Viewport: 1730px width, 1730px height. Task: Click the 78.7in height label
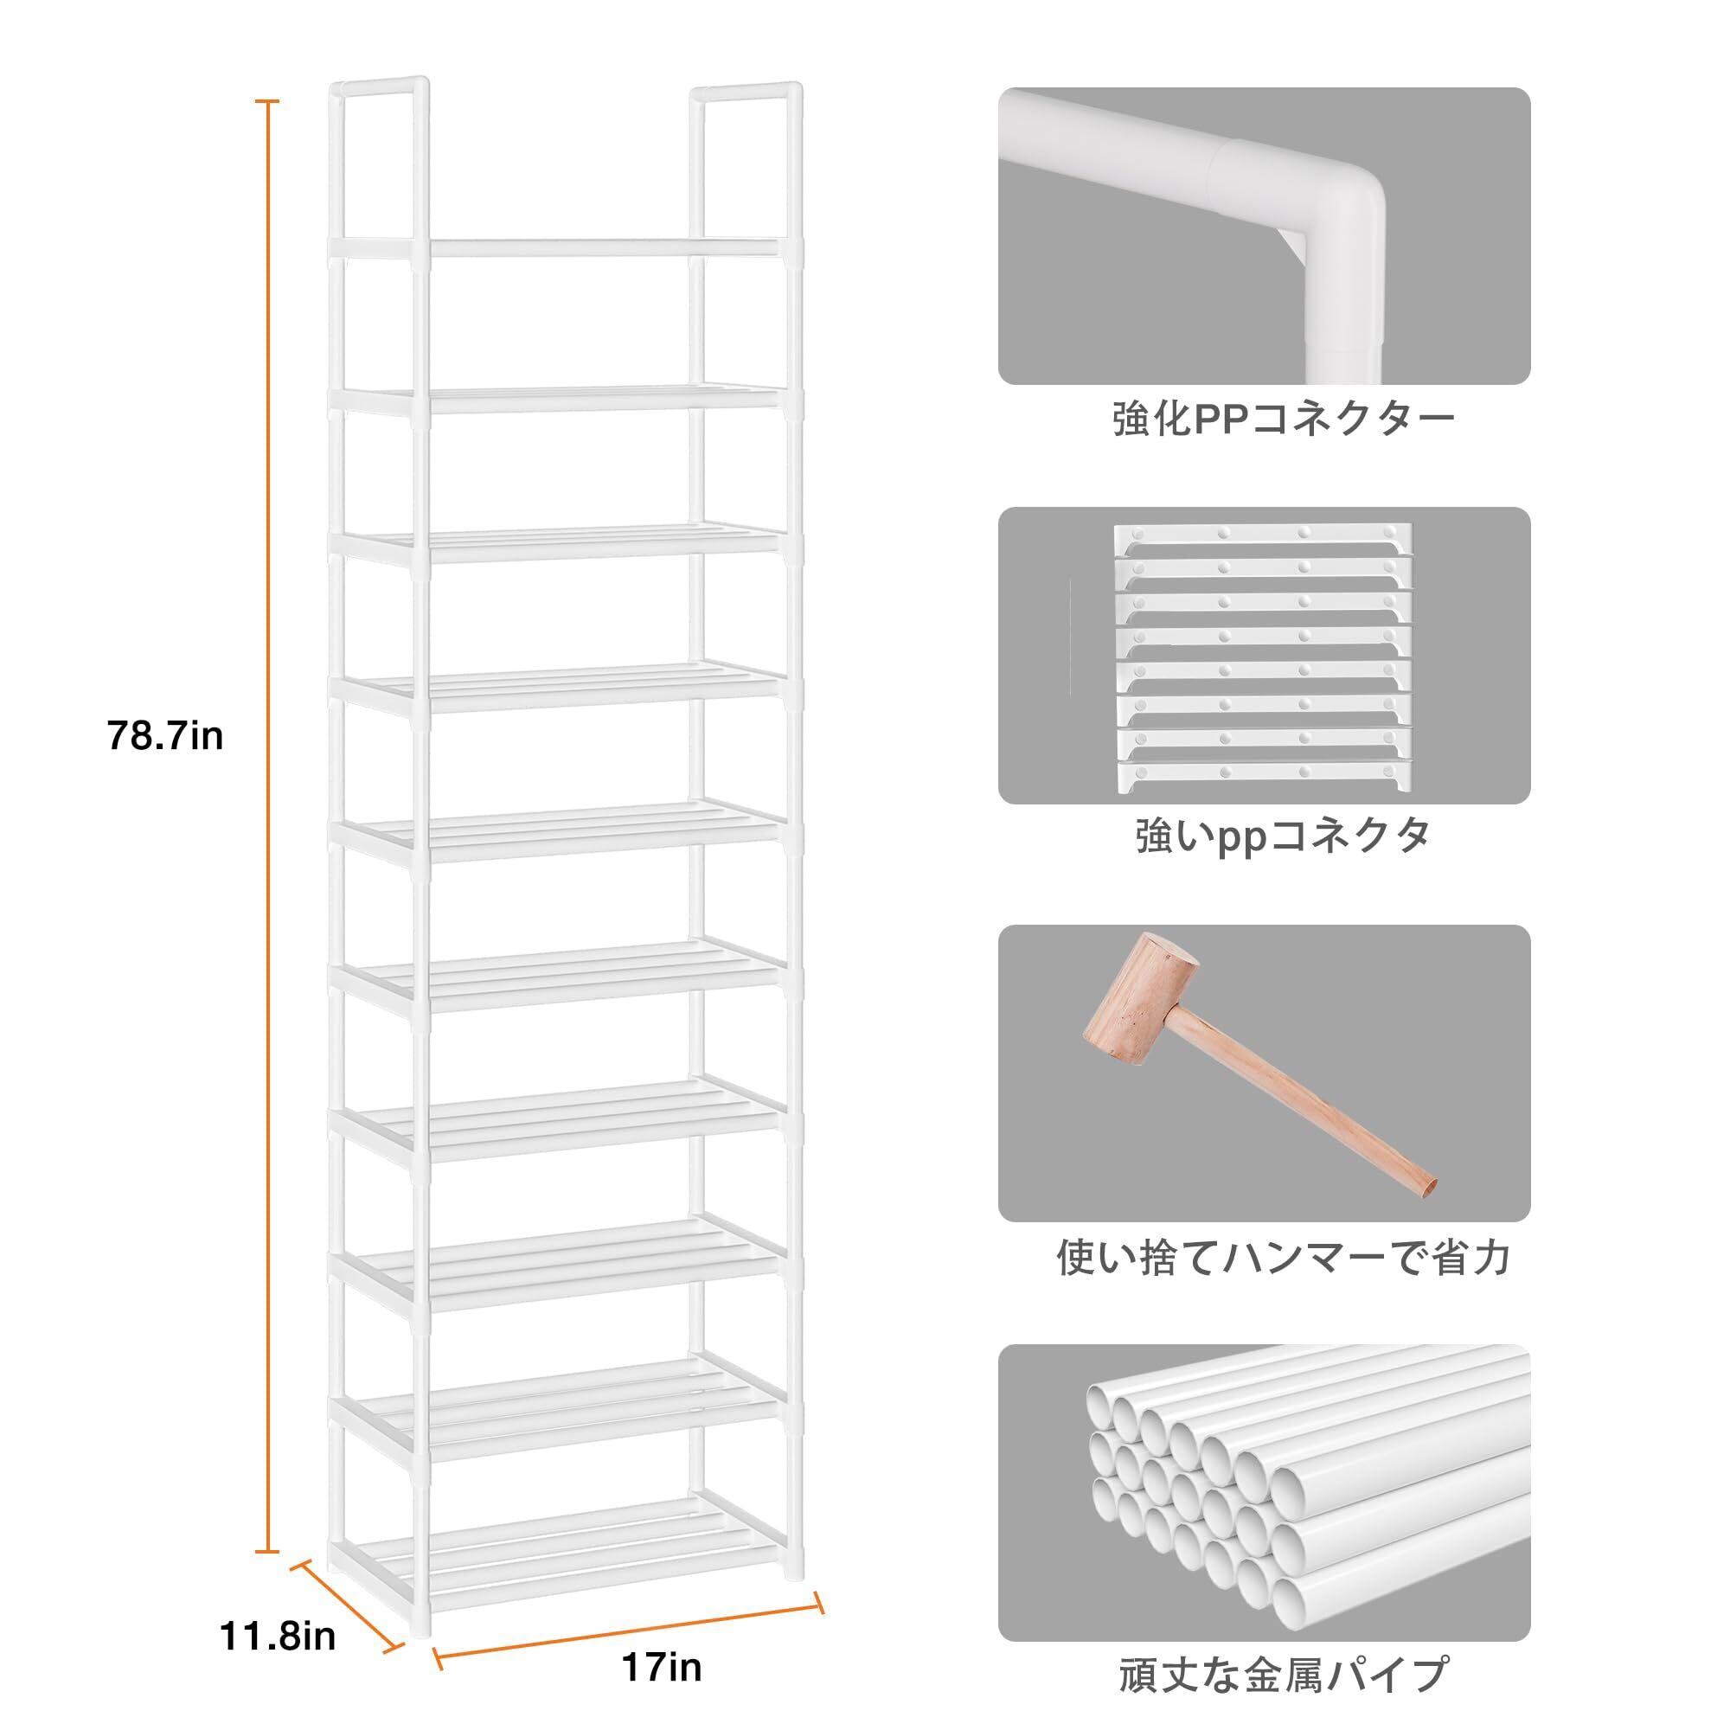164,737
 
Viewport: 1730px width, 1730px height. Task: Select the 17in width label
662,1668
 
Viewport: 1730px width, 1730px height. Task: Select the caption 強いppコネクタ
1283,837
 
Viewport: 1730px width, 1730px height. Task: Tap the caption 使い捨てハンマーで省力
1283,1257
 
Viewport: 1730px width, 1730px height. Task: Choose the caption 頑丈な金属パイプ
1283,1675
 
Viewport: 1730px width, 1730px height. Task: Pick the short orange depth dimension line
346,1604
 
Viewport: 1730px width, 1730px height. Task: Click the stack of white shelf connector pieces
1263,658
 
